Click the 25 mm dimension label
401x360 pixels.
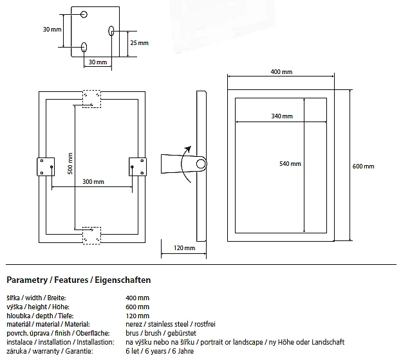[x=138, y=43]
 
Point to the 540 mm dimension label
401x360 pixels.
[x=290, y=164]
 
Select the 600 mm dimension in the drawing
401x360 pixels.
[x=364, y=166]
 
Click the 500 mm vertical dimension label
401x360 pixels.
[x=70, y=167]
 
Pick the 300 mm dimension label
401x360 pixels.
[x=93, y=182]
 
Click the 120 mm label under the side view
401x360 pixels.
[x=185, y=248]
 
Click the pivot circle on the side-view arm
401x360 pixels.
[x=201, y=164]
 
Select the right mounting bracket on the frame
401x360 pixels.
[x=138, y=166]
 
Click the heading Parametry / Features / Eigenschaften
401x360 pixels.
[x=79, y=280]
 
